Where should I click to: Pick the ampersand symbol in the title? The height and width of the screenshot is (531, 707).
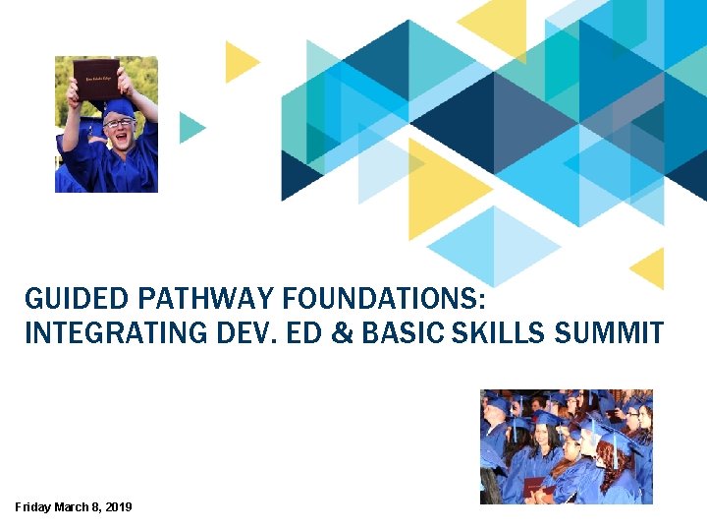tap(344, 334)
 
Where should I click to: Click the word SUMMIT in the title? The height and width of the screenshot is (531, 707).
tap(609, 334)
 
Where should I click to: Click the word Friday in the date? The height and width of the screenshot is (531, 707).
tap(32, 506)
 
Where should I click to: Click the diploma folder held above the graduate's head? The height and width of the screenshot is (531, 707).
tap(95, 78)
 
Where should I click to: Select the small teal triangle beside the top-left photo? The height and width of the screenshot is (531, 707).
tap(190, 128)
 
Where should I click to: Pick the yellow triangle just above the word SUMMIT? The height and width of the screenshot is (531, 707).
tap(649, 267)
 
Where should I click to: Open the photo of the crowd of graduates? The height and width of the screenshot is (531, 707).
tap(566, 447)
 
